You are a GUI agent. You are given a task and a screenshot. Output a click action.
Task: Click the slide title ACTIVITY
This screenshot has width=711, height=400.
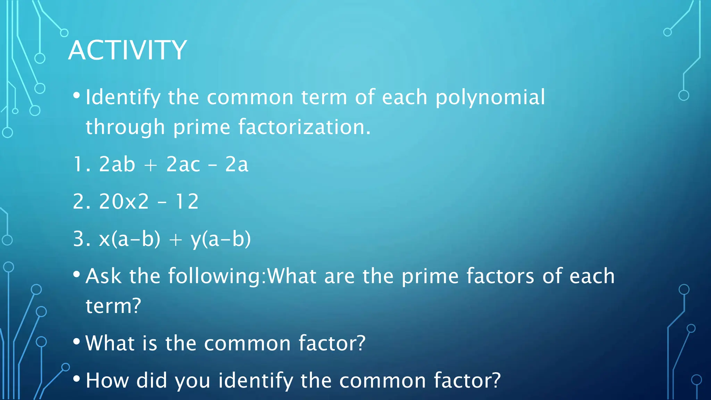[128, 50]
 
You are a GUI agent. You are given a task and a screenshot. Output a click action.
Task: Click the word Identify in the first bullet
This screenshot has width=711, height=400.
[123, 97]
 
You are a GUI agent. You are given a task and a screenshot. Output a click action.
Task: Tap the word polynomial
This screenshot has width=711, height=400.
[490, 97]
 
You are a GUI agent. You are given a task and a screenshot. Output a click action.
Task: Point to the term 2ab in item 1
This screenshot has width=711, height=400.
[117, 164]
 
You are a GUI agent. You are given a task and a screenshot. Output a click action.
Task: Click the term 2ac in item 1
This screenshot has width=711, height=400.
[183, 164]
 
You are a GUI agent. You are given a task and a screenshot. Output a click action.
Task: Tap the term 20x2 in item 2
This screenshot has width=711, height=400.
[124, 201]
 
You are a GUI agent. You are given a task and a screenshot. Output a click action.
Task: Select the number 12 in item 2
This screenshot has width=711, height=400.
[187, 201]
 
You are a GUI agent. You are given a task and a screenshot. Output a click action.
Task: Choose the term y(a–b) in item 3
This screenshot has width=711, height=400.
[220, 239]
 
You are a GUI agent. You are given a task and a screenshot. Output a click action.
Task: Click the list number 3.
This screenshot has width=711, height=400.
[79, 239]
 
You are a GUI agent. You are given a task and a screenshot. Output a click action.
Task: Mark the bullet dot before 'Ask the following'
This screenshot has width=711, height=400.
[77, 275]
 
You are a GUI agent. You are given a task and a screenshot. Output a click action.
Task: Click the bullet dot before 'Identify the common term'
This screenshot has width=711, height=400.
[77, 95]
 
